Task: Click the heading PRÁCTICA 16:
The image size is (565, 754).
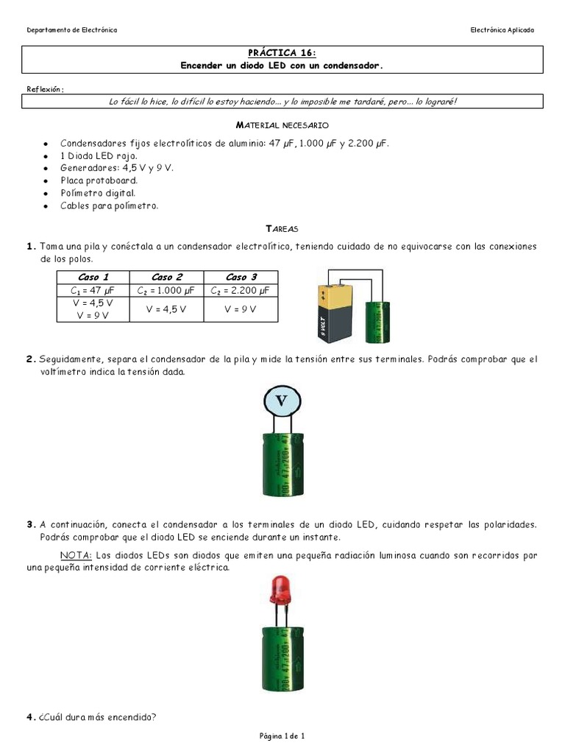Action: coord(282,53)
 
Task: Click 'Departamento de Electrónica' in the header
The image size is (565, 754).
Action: coord(71,30)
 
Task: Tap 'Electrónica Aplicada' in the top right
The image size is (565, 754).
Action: coord(502,30)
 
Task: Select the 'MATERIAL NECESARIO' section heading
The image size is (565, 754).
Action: coord(282,126)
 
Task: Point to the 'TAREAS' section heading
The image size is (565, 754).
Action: coord(282,229)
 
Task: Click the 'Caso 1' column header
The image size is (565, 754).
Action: coord(93,277)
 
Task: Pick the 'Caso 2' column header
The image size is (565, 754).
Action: coord(167,277)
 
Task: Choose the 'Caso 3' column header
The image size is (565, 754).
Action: coord(241,277)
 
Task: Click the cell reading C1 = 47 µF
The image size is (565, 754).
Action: coord(93,290)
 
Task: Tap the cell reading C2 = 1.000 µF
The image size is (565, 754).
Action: coord(167,290)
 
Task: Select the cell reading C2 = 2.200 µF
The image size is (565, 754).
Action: coord(241,290)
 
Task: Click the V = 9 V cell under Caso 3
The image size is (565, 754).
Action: coord(241,309)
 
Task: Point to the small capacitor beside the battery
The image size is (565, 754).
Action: coord(380,321)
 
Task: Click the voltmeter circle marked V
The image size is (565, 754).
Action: coord(282,401)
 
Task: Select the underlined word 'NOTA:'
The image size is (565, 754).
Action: coord(75,555)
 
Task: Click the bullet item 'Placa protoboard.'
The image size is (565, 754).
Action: coord(99,180)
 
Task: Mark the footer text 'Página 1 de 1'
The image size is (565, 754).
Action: coord(282,736)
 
